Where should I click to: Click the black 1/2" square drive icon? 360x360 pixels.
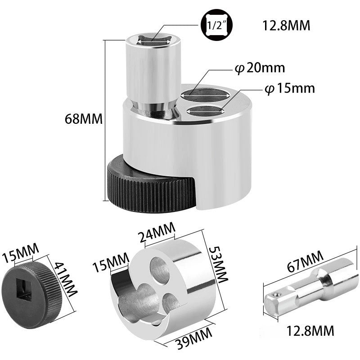216,25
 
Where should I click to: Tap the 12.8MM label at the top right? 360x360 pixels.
286,26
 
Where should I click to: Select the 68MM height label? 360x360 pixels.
84,119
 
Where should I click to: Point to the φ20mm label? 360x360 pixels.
260,68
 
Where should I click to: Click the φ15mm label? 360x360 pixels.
289,88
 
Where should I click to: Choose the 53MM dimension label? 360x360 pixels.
218,265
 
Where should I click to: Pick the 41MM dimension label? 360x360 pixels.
65,279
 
